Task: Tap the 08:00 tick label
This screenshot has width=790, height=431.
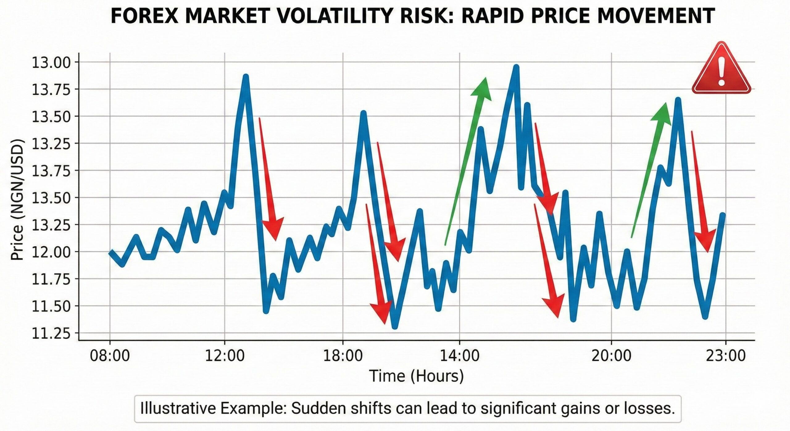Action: pos(110,356)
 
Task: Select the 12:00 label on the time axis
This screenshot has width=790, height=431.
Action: pos(225,356)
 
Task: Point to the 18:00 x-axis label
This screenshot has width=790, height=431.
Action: pos(343,356)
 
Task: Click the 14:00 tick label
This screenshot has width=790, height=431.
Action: pos(459,356)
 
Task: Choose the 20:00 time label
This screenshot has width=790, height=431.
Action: pos(611,356)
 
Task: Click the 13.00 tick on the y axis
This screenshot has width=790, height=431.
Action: pos(51,63)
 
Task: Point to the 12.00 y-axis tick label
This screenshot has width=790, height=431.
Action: pos(51,252)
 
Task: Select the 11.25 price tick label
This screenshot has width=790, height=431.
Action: pos(51,334)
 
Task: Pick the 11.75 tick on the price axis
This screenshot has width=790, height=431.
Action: pos(51,279)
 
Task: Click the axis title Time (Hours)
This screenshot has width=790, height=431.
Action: pos(416,376)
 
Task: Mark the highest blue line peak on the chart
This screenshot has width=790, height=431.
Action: pos(516,68)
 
